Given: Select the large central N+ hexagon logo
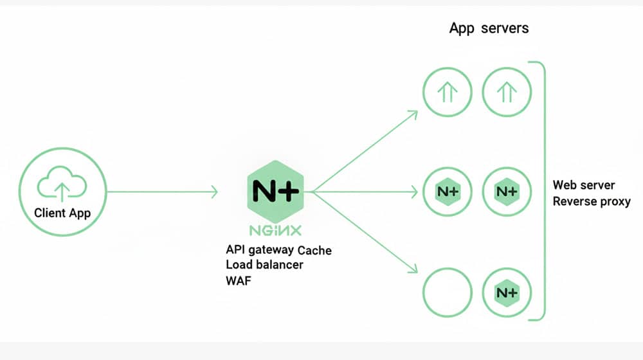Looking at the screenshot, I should tap(275, 190).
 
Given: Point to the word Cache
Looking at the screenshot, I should tap(314, 249).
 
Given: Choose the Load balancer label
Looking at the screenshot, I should tap(264, 264).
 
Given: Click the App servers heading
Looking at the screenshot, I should tap(489, 28).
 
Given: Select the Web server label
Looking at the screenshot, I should tap(584, 185).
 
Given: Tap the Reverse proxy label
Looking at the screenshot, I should tap(592, 201).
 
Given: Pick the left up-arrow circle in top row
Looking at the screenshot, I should tap(447, 93).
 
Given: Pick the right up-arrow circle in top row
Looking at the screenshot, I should tap(507, 93).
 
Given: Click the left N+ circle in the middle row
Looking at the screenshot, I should tap(447, 192).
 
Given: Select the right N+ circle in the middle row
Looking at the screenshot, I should tap(507, 192).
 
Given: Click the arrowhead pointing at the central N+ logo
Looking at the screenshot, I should tap(215, 191).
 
